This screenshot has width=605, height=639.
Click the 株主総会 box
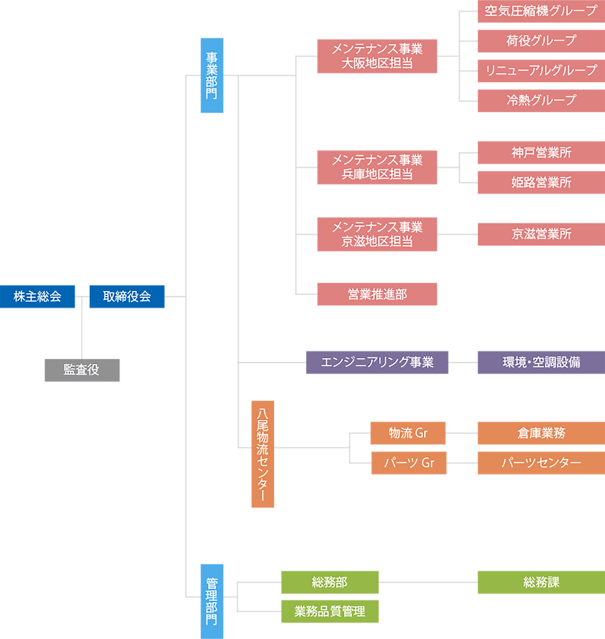(37, 296)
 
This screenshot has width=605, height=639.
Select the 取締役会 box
(127, 296)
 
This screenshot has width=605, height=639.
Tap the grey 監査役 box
(82, 370)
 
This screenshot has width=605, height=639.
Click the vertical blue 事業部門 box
(212, 75)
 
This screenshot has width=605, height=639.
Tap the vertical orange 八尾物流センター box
(263, 454)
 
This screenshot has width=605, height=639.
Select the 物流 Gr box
(408, 433)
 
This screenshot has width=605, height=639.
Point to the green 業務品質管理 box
(330, 611)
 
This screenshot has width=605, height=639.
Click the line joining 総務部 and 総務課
(428, 582)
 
